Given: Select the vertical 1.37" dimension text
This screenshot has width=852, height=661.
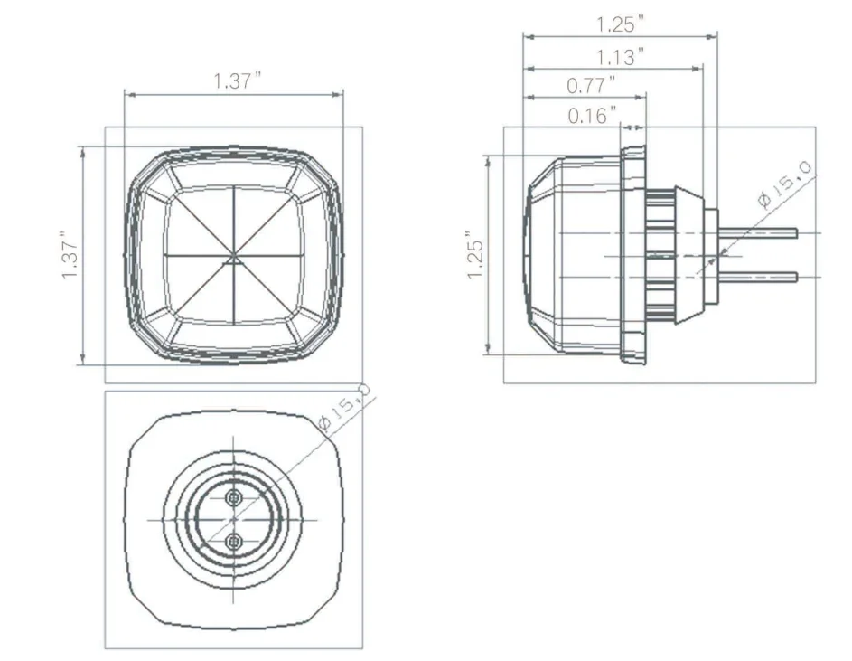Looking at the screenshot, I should tap(70, 257).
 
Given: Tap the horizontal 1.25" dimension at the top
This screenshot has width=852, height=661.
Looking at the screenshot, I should tap(621, 24).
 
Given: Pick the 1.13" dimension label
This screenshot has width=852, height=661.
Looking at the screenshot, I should tap(620, 58).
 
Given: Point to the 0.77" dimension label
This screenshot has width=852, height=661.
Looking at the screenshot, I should tap(591, 86).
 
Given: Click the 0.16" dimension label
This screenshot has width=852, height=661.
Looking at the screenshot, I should tap(592, 116).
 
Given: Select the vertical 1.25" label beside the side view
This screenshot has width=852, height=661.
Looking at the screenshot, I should tap(476, 257).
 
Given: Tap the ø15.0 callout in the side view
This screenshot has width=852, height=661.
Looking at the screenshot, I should tap(785, 185).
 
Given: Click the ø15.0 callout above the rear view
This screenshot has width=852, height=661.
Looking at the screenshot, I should tap(344, 406).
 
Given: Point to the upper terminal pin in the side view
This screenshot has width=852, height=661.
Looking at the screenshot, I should tap(759, 233).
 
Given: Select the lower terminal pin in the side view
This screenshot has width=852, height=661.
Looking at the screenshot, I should tap(759, 278).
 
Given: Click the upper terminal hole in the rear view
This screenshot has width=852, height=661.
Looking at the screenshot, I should tap(234, 498).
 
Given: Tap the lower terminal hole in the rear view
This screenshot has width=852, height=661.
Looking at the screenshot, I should tap(234, 542).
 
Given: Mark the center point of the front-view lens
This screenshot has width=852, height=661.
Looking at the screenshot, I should tap(234, 257).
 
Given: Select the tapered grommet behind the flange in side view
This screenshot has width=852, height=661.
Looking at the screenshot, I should tap(688, 255).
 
